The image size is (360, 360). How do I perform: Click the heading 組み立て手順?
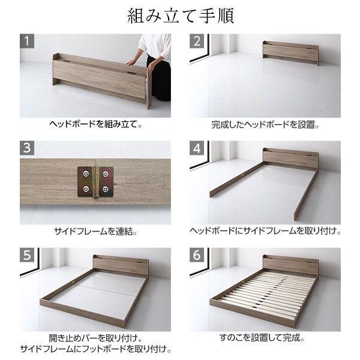[180, 16]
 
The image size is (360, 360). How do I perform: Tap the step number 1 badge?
[27, 41]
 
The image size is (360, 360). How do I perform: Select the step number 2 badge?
[197, 41]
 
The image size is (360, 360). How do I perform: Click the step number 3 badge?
[27, 148]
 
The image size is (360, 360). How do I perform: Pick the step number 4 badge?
[197, 148]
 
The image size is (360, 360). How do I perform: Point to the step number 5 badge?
[27, 255]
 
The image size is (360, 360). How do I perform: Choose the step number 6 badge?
[197, 255]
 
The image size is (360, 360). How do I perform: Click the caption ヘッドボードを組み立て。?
[95, 126]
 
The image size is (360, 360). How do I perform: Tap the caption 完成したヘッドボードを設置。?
[265, 126]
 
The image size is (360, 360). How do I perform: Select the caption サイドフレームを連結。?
[95, 232]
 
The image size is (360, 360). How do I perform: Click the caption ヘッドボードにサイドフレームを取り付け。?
[265, 232]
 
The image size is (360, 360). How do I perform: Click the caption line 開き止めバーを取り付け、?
[95, 338]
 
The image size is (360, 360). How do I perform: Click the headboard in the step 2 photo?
[290, 53]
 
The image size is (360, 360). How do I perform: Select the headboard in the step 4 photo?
[290, 157]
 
